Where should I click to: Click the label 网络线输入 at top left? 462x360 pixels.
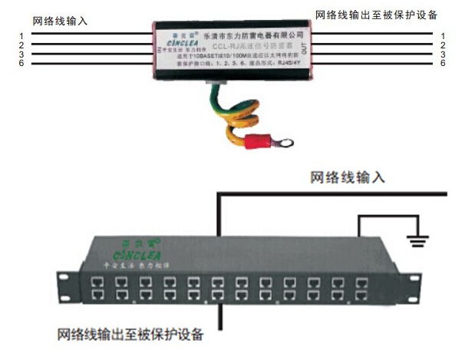tap(60, 21)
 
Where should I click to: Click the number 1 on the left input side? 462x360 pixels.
tap(23, 35)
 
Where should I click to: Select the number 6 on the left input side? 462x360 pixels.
tap(23, 62)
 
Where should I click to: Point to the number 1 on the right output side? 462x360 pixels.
tap(443, 35)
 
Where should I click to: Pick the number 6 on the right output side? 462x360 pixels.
tap(443, 62)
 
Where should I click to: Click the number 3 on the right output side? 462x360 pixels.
tap(443, 54)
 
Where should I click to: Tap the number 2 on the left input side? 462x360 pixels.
tap(23, 45)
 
